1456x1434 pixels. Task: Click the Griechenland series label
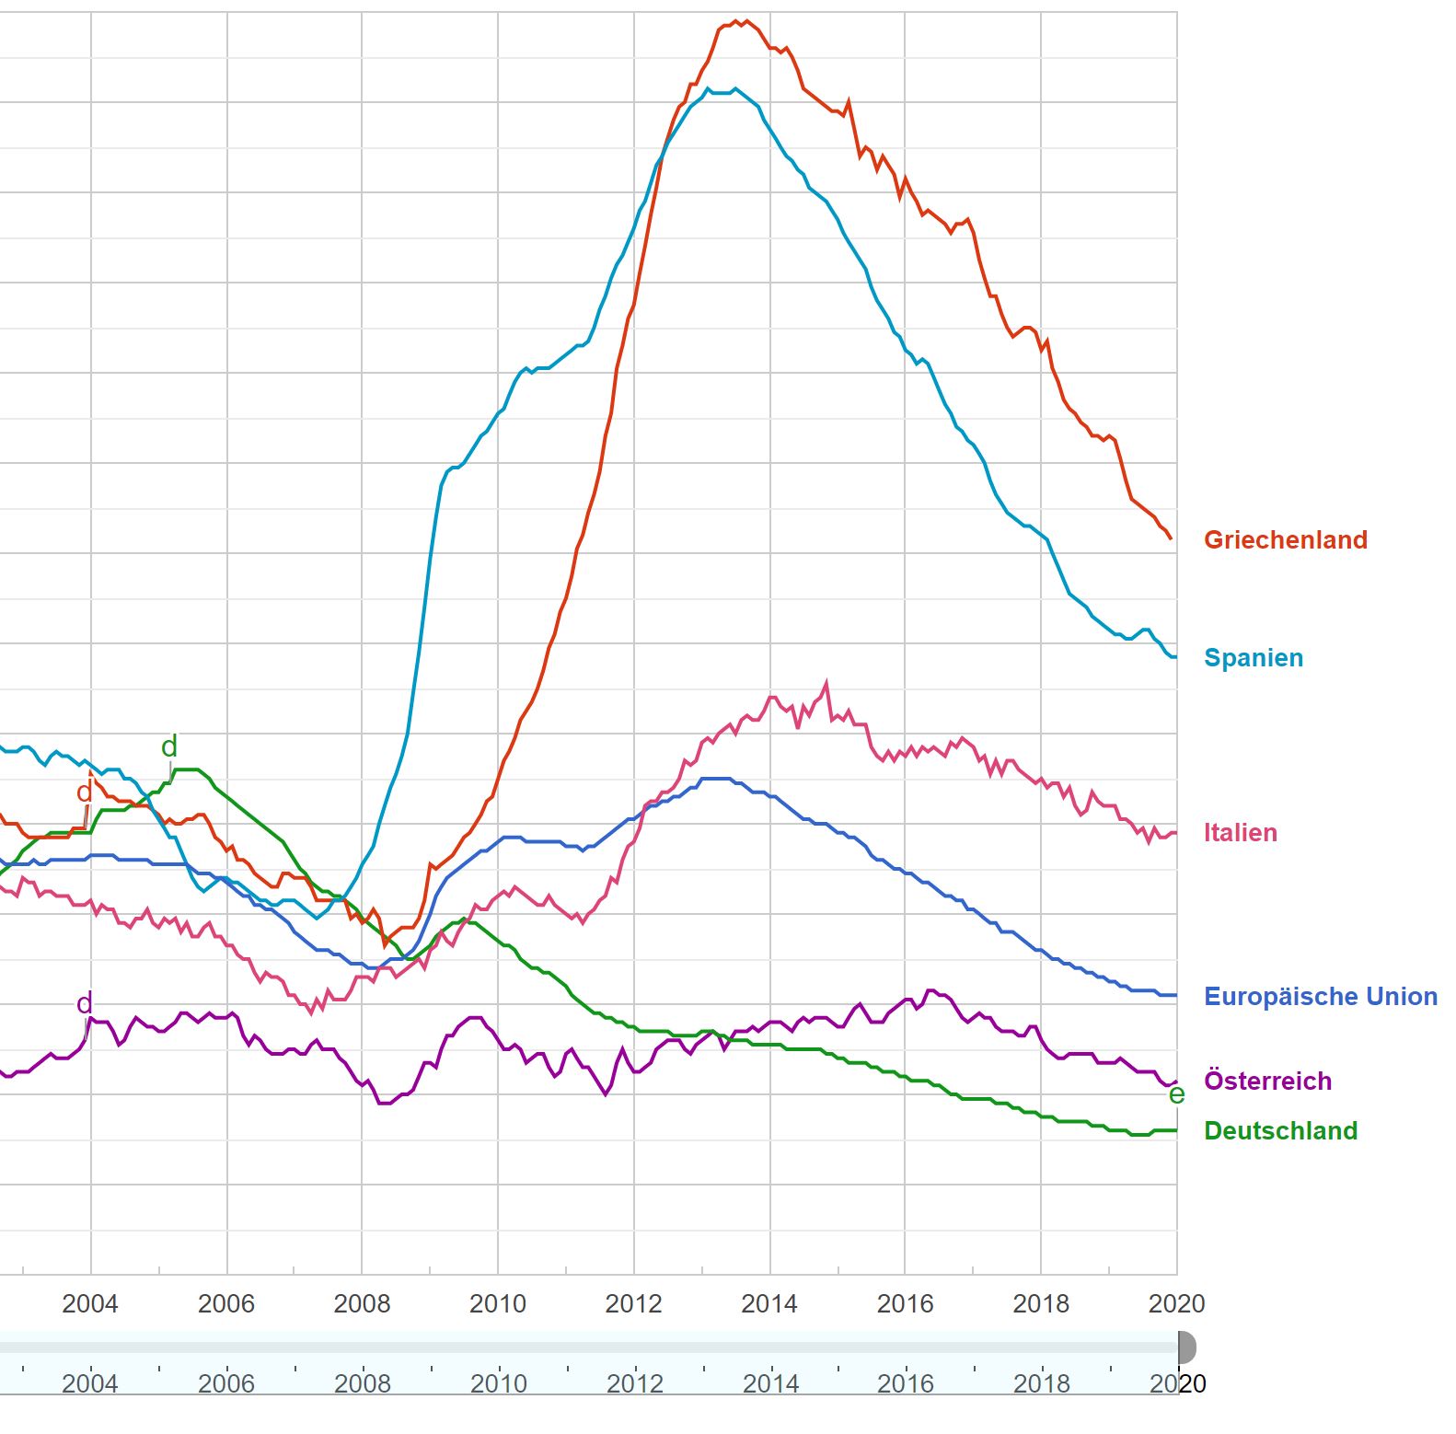[1285, 540]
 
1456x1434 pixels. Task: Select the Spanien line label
[1253, 658]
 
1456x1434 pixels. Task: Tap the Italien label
[1240, 833]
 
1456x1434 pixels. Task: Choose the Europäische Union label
[1320, 997]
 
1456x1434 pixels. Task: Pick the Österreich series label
[1267, 1081]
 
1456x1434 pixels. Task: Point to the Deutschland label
[1280, 1131]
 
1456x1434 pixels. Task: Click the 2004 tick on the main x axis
[90, 1303]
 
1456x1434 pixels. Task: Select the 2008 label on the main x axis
[362, 1303]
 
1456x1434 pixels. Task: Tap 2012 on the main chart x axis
[633, 1303]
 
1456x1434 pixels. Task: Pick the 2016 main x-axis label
[905, 1303]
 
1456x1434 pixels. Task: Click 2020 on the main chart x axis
[1176, 1303]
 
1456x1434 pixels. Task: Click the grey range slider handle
[1186, 1347]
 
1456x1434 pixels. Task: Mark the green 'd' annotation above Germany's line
[169, 746]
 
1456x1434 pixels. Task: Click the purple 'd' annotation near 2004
[85, 1003]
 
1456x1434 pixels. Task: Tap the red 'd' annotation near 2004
[85, 792]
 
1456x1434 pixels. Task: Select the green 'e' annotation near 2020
[1176, 1094]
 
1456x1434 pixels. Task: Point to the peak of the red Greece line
[745, 20]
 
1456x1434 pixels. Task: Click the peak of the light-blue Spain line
[734, 89]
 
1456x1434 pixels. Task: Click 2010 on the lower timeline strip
[498, 1383]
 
